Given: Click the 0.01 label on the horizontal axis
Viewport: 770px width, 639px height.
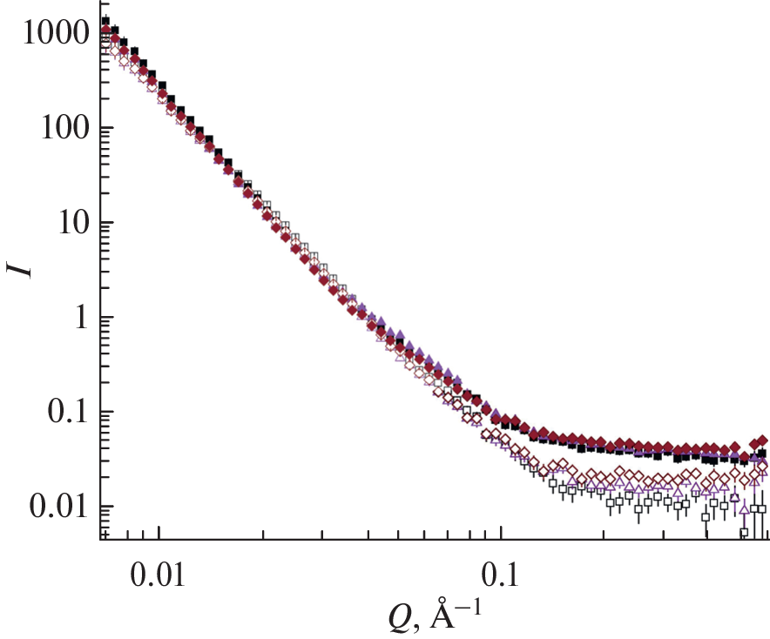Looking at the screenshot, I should click(158, 576).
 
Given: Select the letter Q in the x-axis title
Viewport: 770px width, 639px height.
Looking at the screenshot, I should click(399, 618).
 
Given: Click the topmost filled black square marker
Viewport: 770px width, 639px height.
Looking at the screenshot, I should click(105, 21).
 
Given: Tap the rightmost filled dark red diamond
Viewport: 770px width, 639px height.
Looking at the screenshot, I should click(763, 441).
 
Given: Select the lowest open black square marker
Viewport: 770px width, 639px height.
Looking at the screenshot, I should click(745, 532).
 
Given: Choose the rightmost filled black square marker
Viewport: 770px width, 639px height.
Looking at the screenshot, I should click(763, 453).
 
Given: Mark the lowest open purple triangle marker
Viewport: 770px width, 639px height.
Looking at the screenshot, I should click(743, 507).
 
